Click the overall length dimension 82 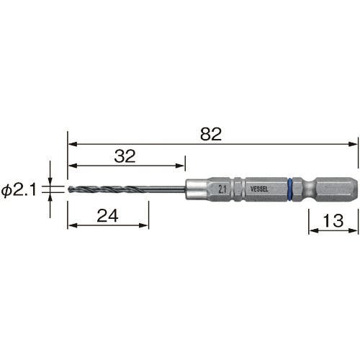click(x=211, y=134)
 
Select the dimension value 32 click(x=125, y=156)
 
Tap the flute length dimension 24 click(x=107, y=215)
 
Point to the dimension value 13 click(x=333, y=220)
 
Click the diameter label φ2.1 click(x=19, y=190)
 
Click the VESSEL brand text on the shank click(x=259, y=189)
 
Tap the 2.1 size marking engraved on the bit click(x=222, y=189)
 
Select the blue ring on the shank click(x=290, y=189)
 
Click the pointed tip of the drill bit click(x=69, y=189)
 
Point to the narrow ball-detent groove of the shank click(x=308, y=189)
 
